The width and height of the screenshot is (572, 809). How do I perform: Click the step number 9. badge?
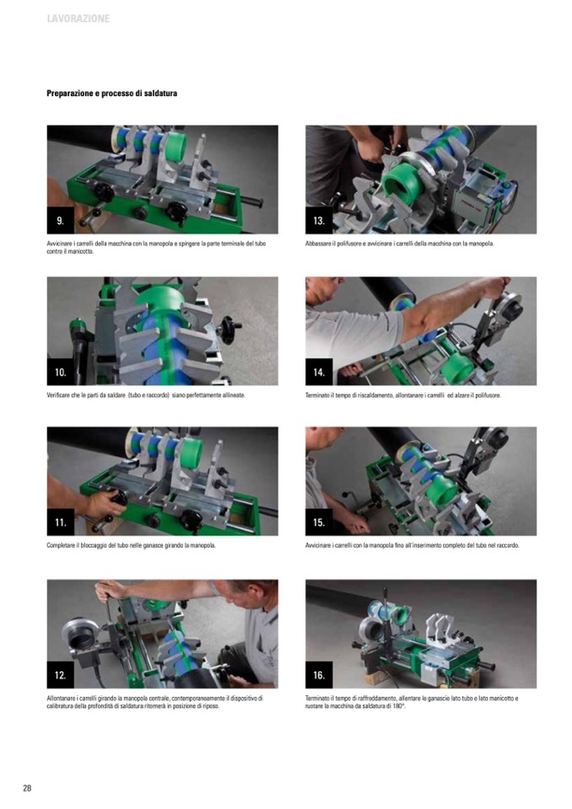click(x=61, y=221)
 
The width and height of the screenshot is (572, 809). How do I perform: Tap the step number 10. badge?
click(x=61, y=372)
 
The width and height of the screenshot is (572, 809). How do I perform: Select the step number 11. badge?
click(x=61, y=522)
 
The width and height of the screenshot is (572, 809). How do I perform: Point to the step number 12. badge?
click(x=61, y=675)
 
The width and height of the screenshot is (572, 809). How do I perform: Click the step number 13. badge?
click(x=319, y=221)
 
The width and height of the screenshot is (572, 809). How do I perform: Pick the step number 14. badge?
click(x=319, y=372)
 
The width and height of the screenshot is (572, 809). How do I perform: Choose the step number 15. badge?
click(x=319, y=522)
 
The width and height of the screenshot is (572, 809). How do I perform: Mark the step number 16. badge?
click(x=319, y=675)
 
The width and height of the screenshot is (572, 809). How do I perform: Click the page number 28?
click(x=27, y=788)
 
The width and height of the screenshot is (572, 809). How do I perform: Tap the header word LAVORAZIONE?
click(x=78, y=19)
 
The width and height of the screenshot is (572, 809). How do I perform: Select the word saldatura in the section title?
click(x=161, y=94)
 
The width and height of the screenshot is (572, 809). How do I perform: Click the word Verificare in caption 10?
click(x=57, y=395)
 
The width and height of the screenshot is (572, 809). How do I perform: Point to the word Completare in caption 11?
click(x=60, y=545)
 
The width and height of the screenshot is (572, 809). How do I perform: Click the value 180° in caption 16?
click(x=399, y=706)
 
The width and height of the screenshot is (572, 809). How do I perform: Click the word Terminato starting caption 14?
click(x=316, y=395)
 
